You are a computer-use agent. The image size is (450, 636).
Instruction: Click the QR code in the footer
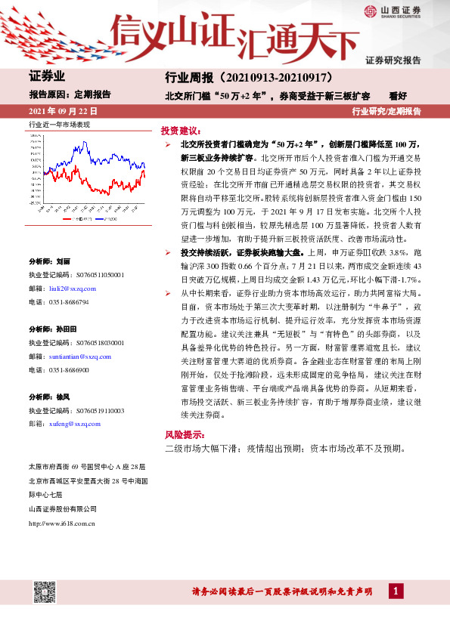pyautogui.click(x=45, y=591)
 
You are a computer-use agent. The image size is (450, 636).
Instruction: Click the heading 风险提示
pyautogui.click(x=183, y=435)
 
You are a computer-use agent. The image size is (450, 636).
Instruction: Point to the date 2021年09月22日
pyautogui.click(x=63, y=111)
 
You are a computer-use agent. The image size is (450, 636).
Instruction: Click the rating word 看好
pyautogui.click(x=398, y=96)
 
